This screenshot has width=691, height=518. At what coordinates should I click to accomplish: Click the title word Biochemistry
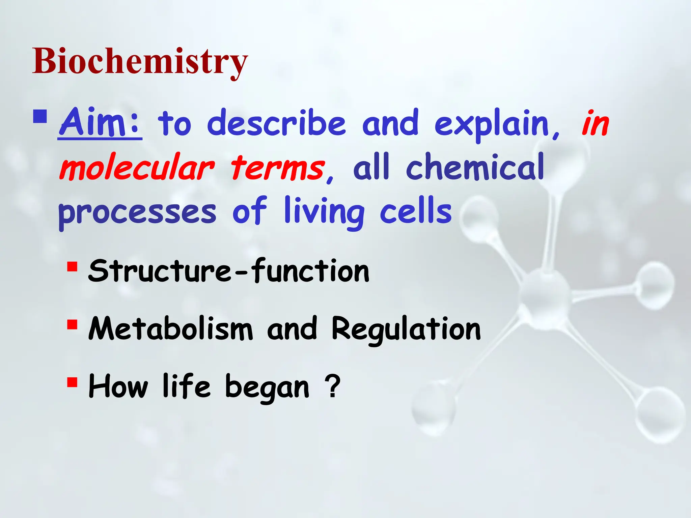140,61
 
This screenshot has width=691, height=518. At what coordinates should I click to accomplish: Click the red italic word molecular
137,168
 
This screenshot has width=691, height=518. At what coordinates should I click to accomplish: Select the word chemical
475,167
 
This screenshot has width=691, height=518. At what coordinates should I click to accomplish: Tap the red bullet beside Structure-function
72,267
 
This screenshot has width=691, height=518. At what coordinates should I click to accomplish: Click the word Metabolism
170,329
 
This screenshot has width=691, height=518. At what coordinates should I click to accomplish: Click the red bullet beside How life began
72,382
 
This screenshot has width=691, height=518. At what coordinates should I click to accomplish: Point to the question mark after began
332,386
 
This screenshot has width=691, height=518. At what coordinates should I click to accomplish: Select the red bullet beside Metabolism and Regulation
72,324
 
